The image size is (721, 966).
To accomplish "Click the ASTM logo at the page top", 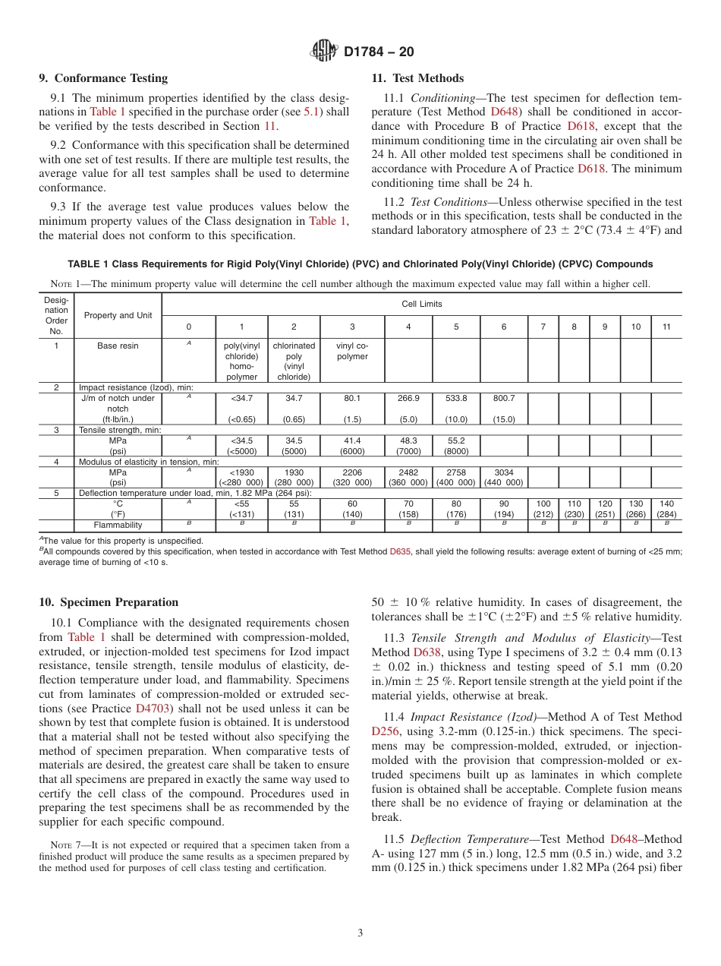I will (x=324, y=52).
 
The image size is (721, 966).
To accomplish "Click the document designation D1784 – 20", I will (x=379, y=52).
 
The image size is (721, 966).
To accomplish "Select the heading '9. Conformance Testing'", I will (x=103, y=78).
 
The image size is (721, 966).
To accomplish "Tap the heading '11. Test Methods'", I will (x=417, y=78).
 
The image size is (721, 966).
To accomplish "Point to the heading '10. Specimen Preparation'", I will (x=109, y=602).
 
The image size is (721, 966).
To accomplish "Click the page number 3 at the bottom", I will (x=360, y=933).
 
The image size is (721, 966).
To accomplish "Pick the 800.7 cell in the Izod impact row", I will (x=504, y=398).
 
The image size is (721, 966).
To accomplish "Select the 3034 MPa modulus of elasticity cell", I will (x=504, y=472).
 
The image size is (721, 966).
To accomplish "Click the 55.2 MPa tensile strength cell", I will (x=456, y=440).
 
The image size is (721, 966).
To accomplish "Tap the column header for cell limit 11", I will (x=666, y=327).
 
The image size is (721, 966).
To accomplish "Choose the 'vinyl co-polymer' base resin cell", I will (x=352, y=351).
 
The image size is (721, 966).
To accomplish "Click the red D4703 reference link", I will (x=151, y=709).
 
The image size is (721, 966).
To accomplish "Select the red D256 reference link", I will (x=385, y=731).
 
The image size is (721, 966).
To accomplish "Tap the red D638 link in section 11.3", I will (x=427, y=652).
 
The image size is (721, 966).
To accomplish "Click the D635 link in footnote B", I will (x=400, y=552).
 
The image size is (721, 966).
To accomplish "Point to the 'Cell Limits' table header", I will (x=422, y=304).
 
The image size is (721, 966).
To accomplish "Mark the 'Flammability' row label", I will (x=118, y=525).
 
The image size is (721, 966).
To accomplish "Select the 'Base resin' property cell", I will (x=118, y=346).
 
